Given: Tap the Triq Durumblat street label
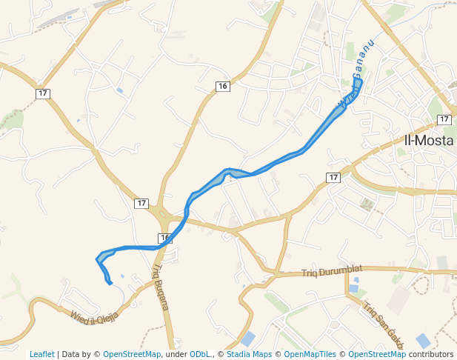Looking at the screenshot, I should click(332, 273).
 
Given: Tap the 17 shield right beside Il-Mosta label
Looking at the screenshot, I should click(444, 119).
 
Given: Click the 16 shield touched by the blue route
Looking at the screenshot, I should click(164, 238).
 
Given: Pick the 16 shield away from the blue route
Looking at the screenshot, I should click(222, 87).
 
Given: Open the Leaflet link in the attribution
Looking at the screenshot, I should click(42, 354).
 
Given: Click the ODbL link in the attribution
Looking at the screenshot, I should click(200, 354).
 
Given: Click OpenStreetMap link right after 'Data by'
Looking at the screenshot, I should click(132, 354).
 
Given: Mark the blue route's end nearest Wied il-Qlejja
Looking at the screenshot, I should click(110, 283).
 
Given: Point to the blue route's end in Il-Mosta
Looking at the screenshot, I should click(359, 81).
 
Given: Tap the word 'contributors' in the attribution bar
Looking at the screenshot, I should click(430, 354).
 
